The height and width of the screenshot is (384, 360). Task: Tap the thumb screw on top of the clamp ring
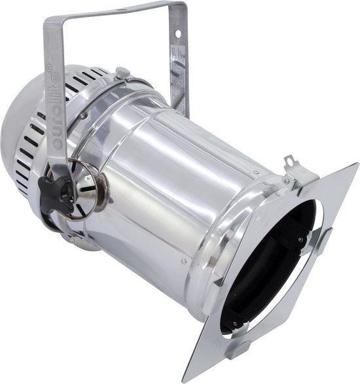tap(122, 73)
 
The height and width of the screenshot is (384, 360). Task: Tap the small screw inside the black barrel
tap(300, 239)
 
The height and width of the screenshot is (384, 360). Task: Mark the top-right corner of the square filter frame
tap(357, 164)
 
